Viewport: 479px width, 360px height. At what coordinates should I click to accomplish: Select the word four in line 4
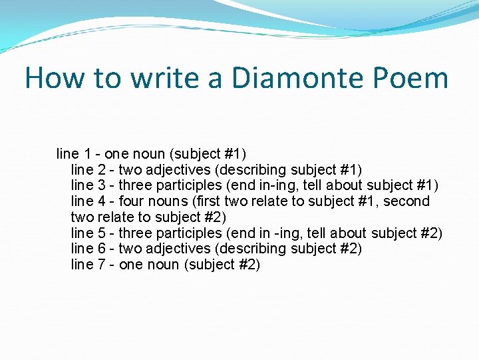point(131,201)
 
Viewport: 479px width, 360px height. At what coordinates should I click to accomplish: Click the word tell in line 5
point(315,233)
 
